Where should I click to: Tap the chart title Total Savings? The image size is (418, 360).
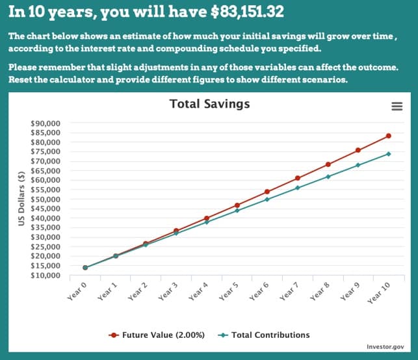point(209,104)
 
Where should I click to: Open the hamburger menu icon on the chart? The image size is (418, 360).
point(397,107)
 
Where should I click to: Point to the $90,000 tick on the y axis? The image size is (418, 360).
point(46,123)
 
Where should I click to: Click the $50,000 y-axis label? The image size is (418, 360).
point(46,199)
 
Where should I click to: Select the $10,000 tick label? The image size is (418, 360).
point(46,276)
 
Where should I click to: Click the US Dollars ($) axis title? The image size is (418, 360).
point(21,199)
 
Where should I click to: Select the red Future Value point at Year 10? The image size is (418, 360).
point(388,136)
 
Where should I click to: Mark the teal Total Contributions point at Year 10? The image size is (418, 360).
point(388,154)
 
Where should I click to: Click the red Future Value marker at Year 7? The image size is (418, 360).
point(297,178)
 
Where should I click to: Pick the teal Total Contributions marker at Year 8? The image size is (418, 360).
point(328,177)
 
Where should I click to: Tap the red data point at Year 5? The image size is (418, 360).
point(237,205)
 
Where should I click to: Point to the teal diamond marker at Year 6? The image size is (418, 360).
point(267,199)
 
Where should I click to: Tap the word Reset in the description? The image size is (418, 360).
point(22,80)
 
